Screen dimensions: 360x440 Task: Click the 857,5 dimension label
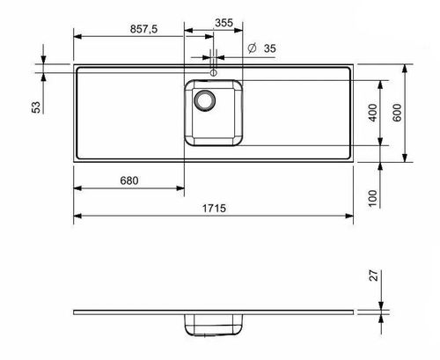coord(141,29)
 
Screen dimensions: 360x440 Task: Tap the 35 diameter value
coord(269,48)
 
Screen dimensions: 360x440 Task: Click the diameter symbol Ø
coord(252,48)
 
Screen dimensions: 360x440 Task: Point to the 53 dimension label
coord(35,107)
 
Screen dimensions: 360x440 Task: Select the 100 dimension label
coord(372,196)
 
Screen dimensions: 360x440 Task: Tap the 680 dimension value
coord(128,180)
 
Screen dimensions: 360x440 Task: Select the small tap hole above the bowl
coord(213,73)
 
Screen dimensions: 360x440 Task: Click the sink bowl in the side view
coord(213,326)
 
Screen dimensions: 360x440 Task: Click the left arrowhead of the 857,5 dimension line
coord(77,37)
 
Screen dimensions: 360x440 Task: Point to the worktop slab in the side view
coord(132,313)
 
